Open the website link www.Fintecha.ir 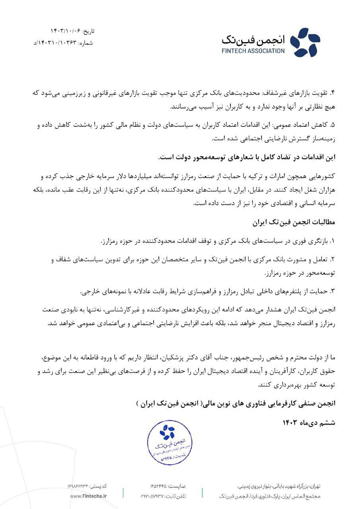pos(88,496)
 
